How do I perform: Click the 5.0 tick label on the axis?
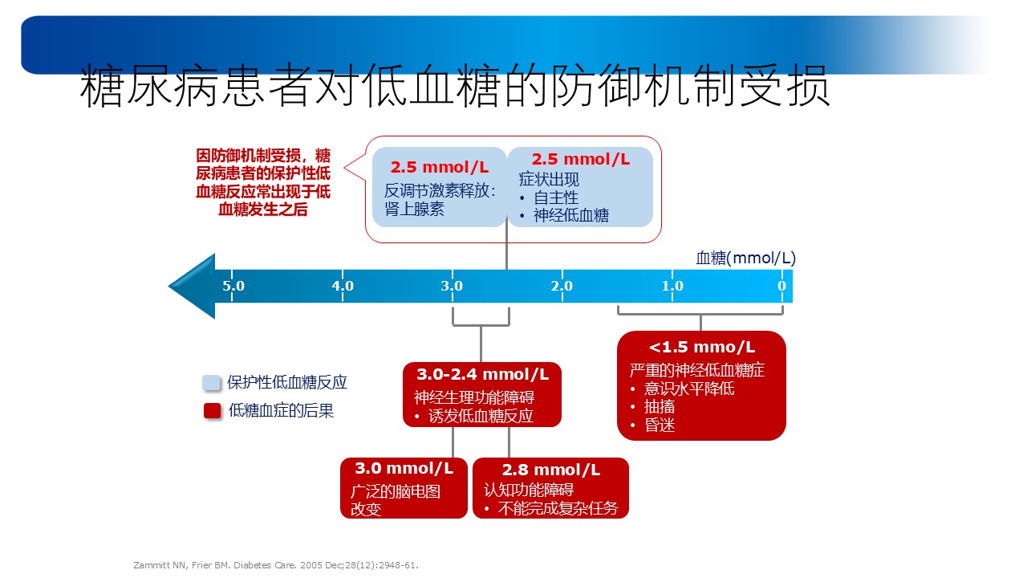point(233,286)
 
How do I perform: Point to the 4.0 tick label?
point(343,286)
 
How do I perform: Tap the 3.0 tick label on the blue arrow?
point(452,286)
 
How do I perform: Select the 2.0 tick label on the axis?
point(562,286)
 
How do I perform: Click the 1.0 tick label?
point(672,286)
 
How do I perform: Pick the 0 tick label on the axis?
point(781,286)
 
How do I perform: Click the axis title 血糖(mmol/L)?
point(745,258)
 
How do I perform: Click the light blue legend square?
point(211,383)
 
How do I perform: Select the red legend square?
point(213,410)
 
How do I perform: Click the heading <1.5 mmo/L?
point(701,348)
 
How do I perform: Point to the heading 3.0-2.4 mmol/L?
point(482,374)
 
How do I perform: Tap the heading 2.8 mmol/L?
point(550,470)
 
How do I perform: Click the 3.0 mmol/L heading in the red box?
point(404,468)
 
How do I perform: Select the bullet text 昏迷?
point(660,425)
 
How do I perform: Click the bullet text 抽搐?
point(660,407)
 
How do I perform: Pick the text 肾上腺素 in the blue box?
point(415,210)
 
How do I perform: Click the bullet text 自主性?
point(556,197)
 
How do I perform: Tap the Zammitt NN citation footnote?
point(276,565)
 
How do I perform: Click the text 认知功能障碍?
point(529,490)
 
